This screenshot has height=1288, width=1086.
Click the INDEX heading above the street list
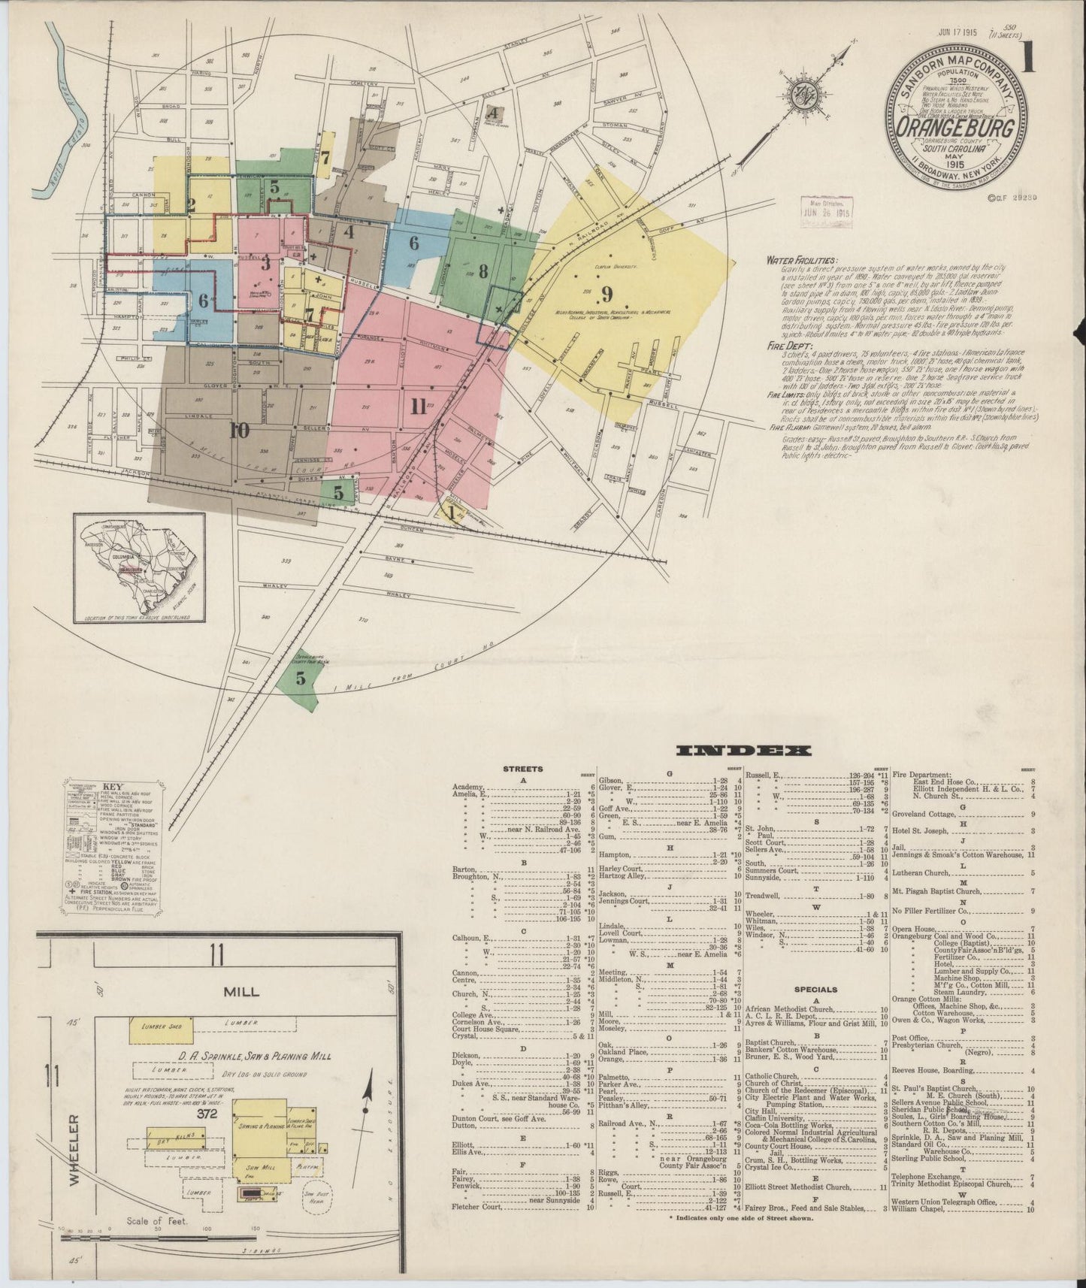point(744,750)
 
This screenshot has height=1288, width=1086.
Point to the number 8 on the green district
point(483,270)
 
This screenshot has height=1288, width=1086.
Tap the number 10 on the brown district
point(239,431)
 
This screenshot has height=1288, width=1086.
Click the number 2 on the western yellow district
point(192,204)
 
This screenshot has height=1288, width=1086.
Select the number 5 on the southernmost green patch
point(301,679)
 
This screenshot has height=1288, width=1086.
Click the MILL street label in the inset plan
point(242,991)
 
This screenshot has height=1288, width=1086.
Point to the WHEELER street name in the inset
point(73,1155)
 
